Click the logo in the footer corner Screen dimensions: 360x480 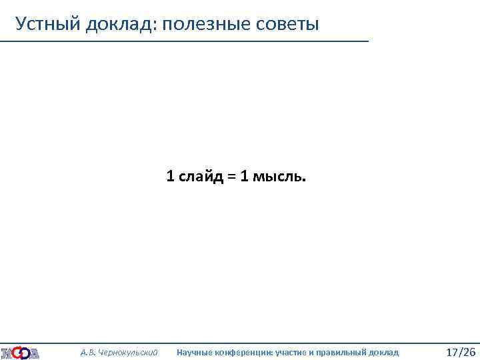click(20, 352)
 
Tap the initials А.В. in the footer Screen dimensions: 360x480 click(87, 352)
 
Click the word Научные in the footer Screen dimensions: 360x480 click(193, 352)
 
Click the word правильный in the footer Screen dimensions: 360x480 click(339, 352)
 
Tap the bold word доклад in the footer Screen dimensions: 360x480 click(383, 352)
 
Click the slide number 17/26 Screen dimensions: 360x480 click(460, 351)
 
